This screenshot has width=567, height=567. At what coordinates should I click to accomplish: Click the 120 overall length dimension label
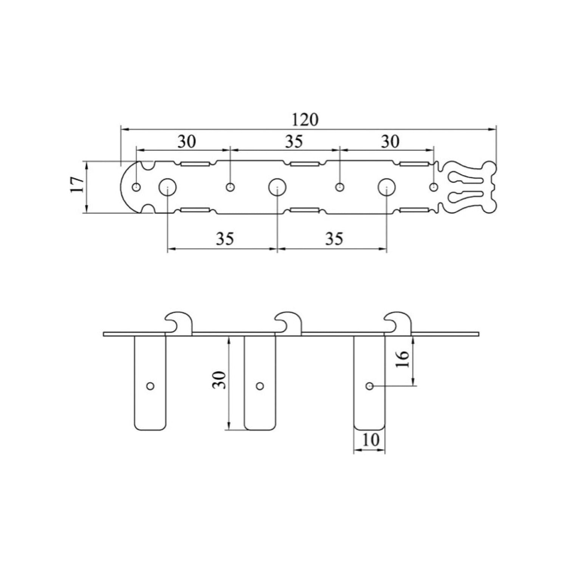305,119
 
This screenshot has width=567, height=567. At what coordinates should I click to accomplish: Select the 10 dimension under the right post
370,440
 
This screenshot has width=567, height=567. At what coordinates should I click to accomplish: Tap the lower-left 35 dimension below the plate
225,239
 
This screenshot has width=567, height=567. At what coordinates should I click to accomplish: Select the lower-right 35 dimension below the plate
334,239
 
